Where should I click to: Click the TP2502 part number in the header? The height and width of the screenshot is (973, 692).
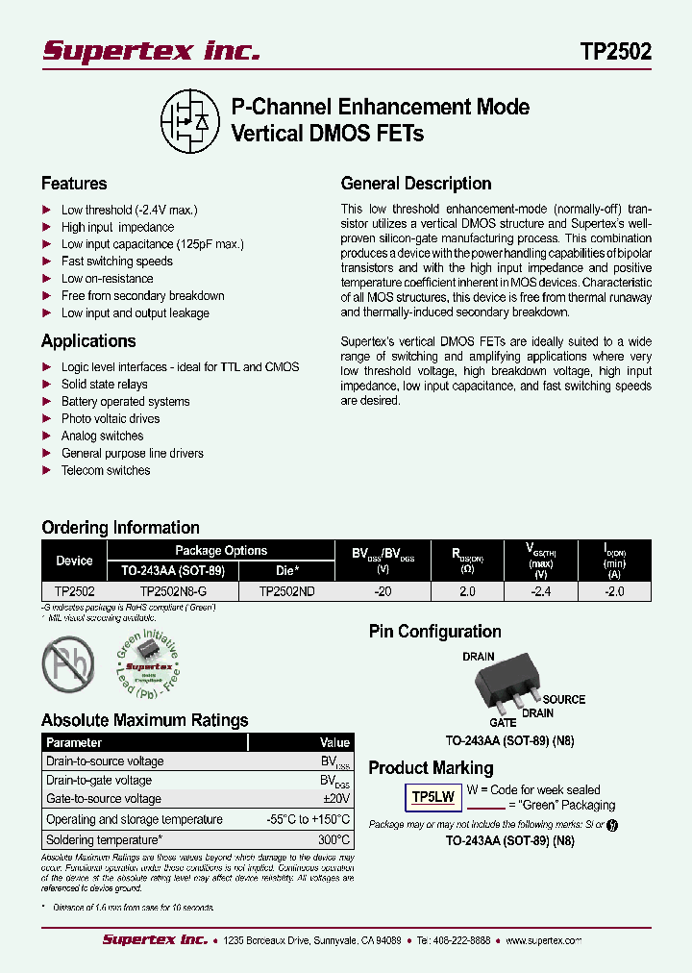tap(616, 52)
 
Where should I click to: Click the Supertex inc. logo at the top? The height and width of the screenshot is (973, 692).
tap(151, 52)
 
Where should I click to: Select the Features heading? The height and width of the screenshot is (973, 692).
tap(74, 184)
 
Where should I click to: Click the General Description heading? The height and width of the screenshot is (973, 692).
tap(416, 184)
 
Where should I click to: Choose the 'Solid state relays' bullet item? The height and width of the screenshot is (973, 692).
tap(105, 385)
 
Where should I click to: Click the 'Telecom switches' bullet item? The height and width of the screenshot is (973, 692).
tap(106, 471)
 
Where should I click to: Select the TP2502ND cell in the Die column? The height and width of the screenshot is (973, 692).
tap(286, 592)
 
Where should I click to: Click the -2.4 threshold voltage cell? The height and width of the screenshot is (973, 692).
tap(541, 592)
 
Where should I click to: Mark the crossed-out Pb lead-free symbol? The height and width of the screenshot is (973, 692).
tap(68, 663)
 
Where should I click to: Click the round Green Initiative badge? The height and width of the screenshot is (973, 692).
tap(149, 664)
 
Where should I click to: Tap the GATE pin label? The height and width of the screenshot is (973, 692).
tap(503, 722)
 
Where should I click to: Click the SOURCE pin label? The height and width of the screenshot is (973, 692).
tap(564, 700)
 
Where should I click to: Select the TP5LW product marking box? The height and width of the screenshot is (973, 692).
tap(432, 797)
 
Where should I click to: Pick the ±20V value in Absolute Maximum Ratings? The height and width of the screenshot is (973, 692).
tap(336, 799)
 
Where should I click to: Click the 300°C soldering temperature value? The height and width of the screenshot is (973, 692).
tap(334, 840)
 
